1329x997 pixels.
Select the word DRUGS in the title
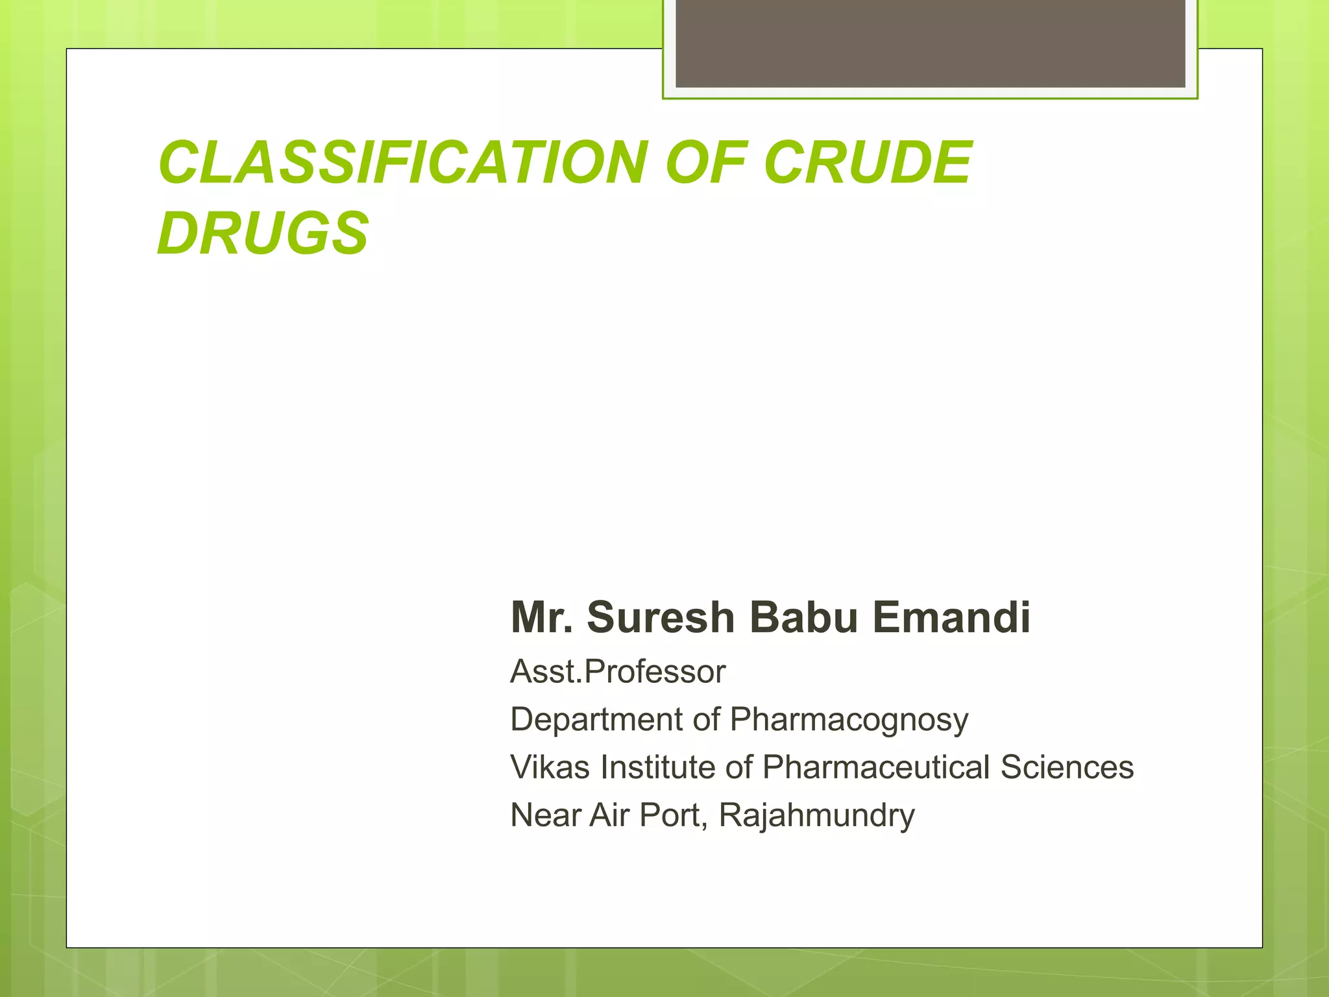263,233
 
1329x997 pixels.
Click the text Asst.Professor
617,671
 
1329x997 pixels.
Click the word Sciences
1067,767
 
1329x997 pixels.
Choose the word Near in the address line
546,815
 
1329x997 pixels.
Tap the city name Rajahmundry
816,816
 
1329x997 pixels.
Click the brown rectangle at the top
930,43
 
